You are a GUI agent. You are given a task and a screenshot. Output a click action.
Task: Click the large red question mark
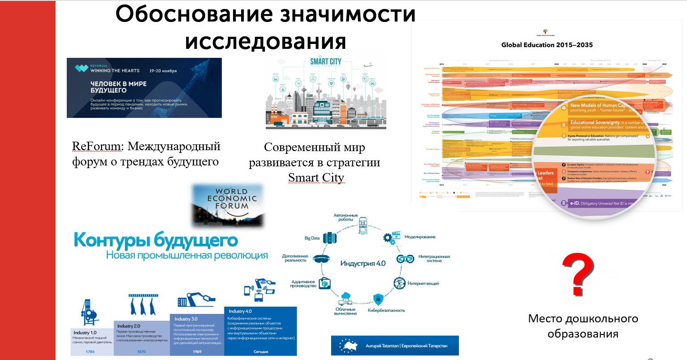(578, 274)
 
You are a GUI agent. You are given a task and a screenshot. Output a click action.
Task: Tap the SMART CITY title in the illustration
(326, 61)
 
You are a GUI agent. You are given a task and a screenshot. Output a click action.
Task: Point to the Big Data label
(312, 238)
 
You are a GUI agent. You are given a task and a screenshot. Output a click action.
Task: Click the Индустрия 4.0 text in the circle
(363, 263)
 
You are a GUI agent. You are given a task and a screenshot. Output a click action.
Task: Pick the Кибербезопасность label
(386, 310)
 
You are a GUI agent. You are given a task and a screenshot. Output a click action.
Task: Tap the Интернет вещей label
(423, 283)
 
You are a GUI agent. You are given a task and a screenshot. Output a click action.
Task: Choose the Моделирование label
(420, 237)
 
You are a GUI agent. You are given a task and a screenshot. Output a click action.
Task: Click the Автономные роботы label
(346, 217)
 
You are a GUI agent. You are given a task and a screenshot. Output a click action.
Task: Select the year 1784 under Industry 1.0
(90, 351)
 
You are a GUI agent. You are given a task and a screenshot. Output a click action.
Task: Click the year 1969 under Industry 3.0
(197, 351)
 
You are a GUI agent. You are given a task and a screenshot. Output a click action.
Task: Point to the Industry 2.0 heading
(129, 326)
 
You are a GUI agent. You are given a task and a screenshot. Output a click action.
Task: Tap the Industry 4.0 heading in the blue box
(240, 311)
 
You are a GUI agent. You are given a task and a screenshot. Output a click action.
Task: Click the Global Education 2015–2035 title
(547, 45)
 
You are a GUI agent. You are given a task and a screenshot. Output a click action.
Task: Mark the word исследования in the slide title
(265, 41)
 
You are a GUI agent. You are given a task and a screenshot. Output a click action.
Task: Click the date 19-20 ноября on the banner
(163, 71)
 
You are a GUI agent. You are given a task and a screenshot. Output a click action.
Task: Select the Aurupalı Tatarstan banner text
(406, 346)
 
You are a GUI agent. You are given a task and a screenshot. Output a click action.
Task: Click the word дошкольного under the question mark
(602, 319)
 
